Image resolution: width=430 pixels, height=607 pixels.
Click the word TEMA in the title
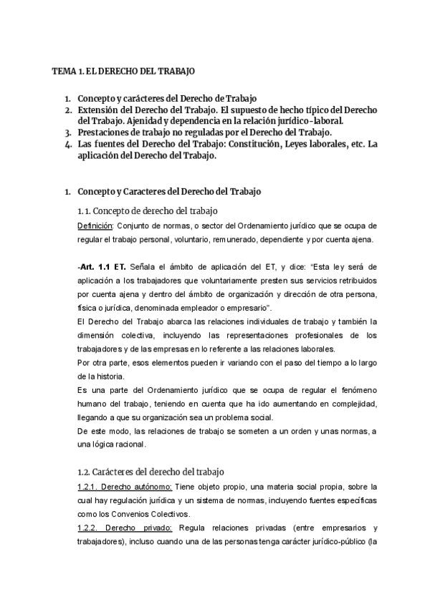(x=64, y=72)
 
